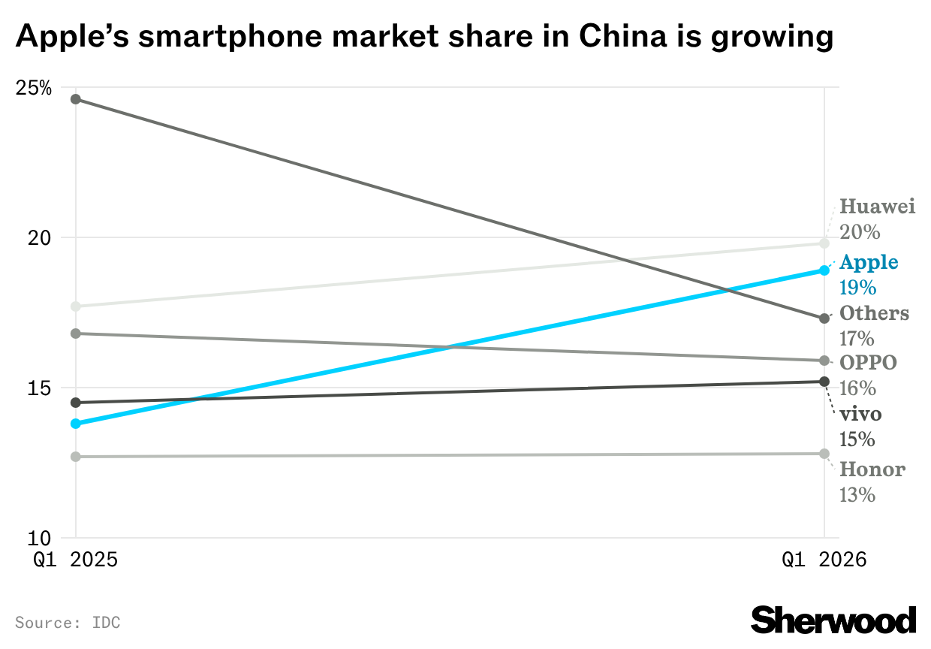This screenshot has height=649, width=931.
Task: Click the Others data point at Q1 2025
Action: coord(75,99)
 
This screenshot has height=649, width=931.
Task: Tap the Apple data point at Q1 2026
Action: coord(824,270)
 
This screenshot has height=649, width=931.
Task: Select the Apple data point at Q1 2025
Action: coord(75,424)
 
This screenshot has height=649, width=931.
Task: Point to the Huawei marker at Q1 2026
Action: coord(824,243)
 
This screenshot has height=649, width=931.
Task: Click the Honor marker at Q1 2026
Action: coord(824,454)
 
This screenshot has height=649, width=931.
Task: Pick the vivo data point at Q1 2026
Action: coord(824,382)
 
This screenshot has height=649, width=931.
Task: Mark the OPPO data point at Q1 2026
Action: coord(824,361)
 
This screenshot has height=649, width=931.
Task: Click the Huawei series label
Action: coord(877,207)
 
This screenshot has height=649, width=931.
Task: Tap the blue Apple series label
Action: coord(869,262)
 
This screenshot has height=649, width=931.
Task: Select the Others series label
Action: coord(874,313)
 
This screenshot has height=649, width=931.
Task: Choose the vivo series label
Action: coord(860,414)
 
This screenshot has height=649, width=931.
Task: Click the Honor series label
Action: coord(872,469)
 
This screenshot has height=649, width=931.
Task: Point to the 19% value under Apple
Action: coord(858,288)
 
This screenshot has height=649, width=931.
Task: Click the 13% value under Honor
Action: coord(858,495)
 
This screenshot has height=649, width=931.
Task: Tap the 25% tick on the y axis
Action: coord(34,88)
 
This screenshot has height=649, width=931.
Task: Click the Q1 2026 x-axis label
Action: coord(824,560)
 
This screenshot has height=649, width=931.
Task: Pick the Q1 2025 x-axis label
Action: coord(75,560)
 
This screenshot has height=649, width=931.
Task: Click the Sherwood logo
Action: coord(833,620)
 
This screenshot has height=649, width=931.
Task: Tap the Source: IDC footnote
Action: coord(68,623)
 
